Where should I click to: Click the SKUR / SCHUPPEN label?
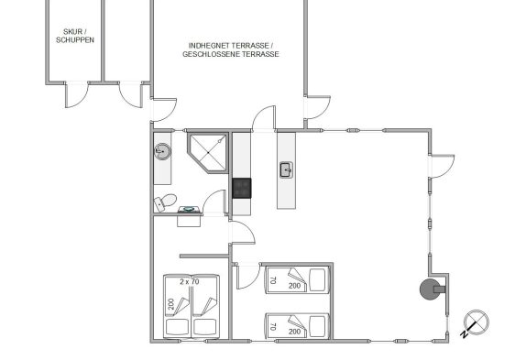point(75,36)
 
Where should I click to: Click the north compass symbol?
point(475,323)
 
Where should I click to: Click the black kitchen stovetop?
point(242,188)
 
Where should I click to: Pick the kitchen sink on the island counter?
point(287,170)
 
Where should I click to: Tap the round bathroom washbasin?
point(163,151)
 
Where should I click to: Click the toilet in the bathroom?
point(165,202)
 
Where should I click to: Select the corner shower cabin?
point(207,153)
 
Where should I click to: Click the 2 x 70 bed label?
point(190,281)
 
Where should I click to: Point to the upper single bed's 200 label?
point(294,286)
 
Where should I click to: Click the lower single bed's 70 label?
point(273,326)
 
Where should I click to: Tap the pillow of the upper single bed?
point(317,280)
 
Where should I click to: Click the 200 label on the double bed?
point(171,304)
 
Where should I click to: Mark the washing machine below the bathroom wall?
point(189,216)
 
